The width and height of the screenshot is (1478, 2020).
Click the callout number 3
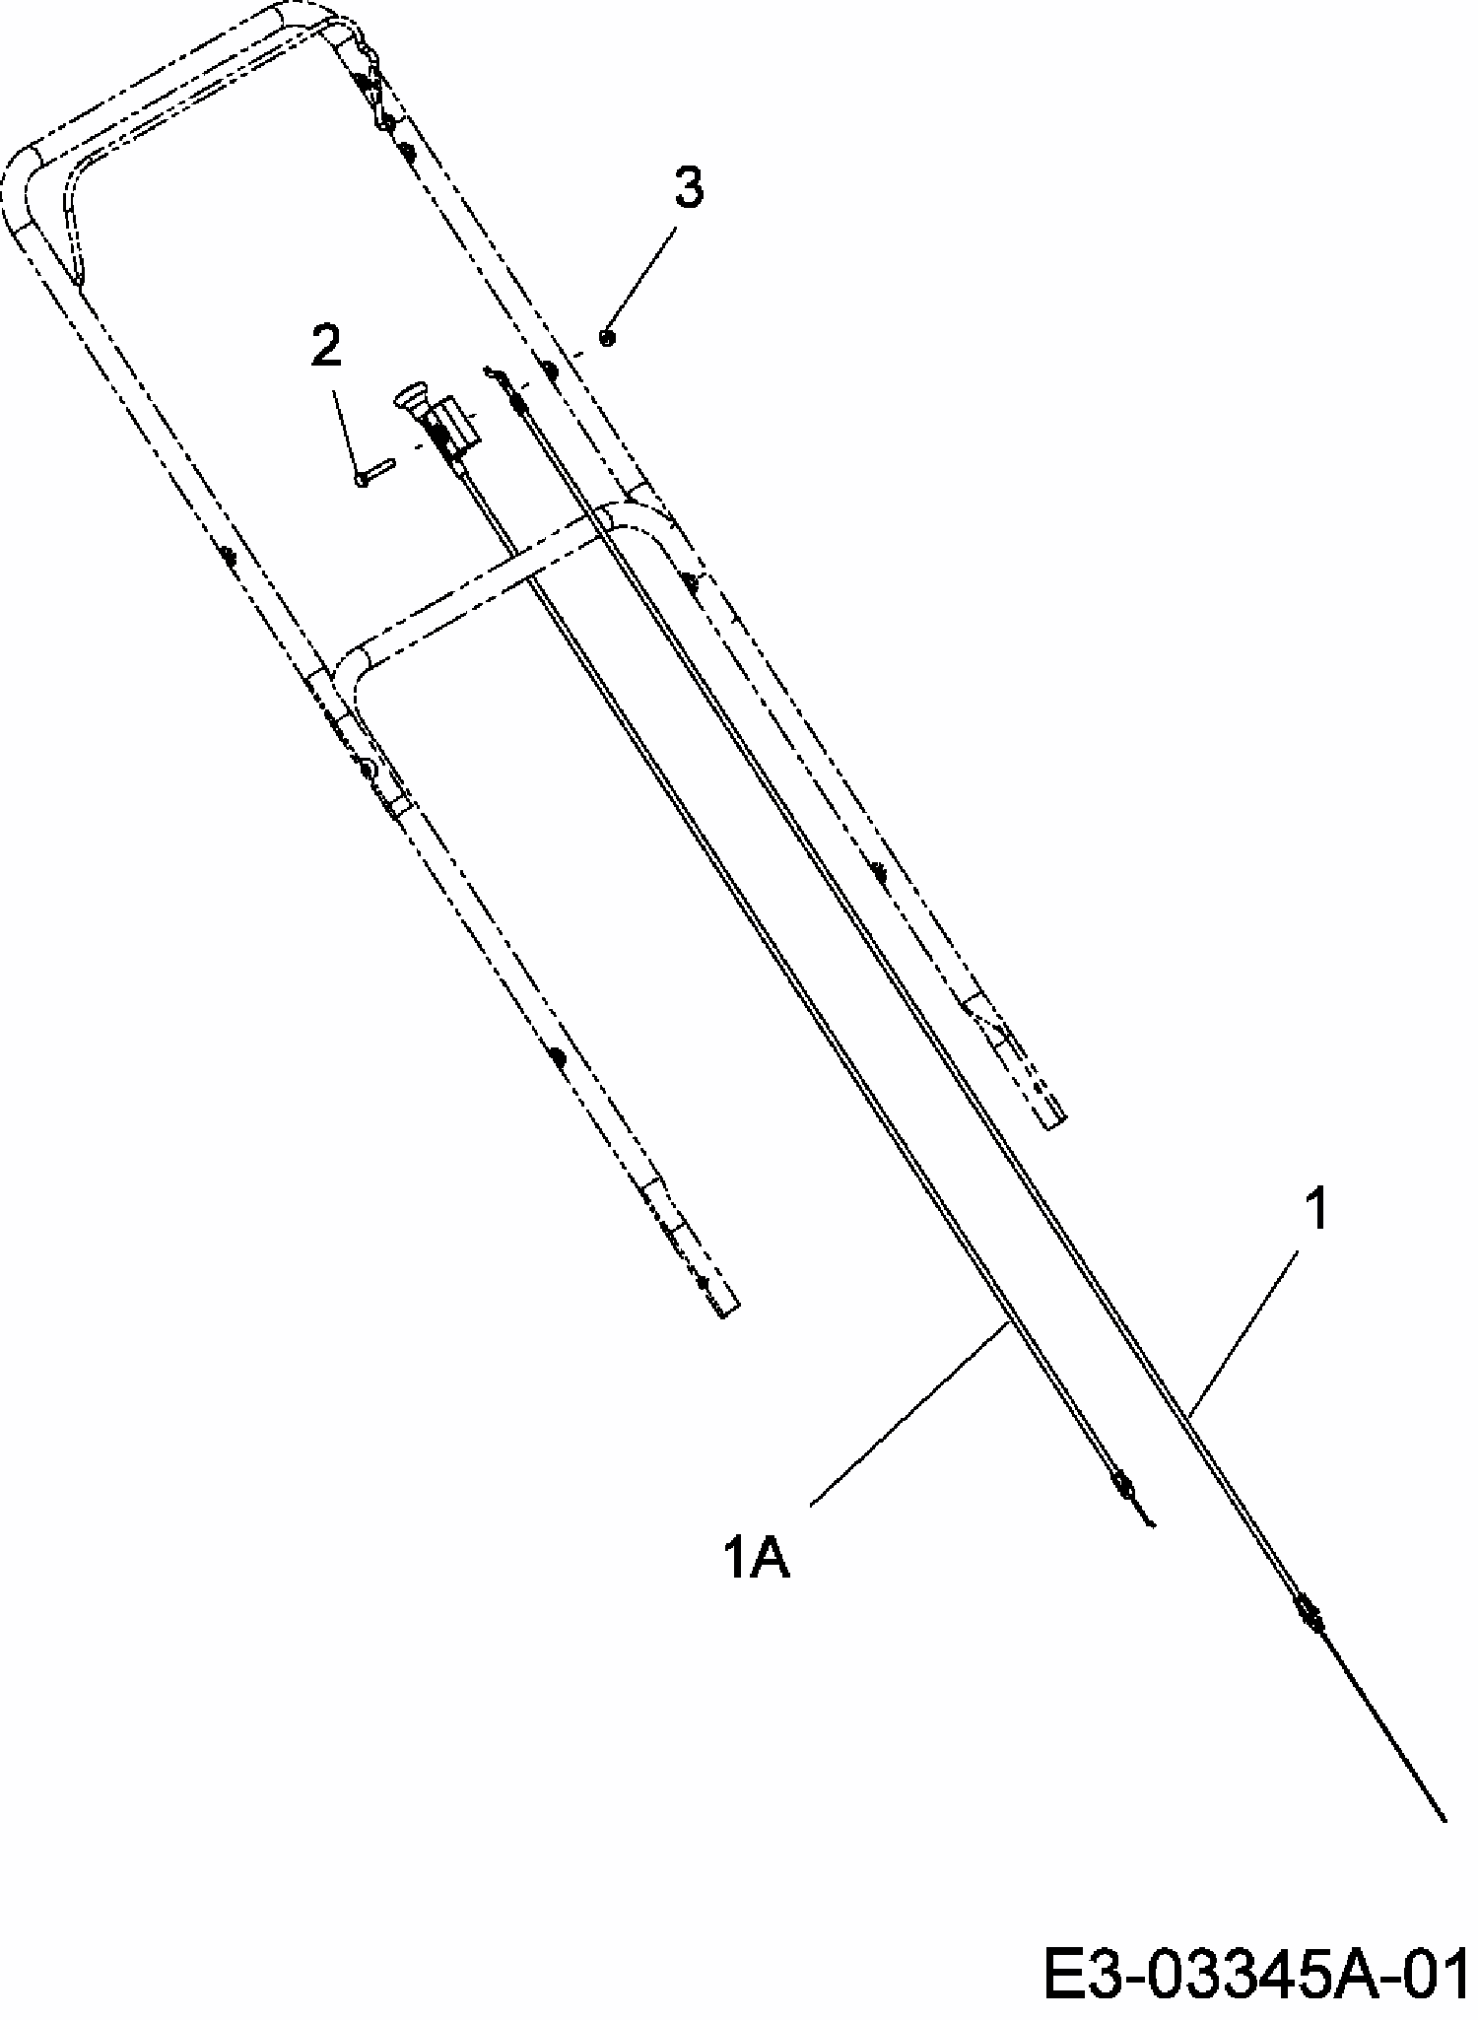(689, 187)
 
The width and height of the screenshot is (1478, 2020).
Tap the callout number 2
(326, 349)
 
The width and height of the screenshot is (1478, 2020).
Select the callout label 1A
(757, 1560)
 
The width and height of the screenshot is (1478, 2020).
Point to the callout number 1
(1316, 1210)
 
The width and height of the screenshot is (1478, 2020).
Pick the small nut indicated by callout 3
(608, 338)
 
